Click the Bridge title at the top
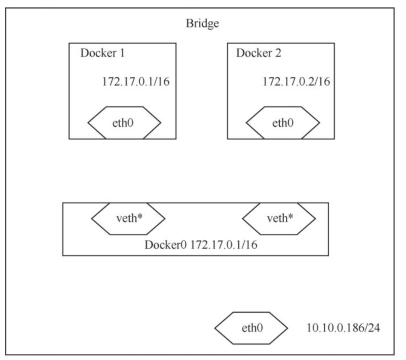[x=202, y=24]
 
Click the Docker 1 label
[x=102, y=53]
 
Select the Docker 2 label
[x=258, y=53]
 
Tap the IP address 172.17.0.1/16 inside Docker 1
[x=136, y=82]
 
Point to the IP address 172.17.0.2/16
[x=296, y=82]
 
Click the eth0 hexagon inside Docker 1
[x=124, y=123]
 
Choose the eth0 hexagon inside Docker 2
[x=283, y=123]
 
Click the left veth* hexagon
[x=128, y=219]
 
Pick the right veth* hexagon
[x=279, y=219]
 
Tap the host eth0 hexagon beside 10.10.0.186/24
[x=251, y=328]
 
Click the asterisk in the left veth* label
[x=139, y=218]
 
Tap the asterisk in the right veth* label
[x=290, y=218]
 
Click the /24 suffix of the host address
[x=372, y=328]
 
